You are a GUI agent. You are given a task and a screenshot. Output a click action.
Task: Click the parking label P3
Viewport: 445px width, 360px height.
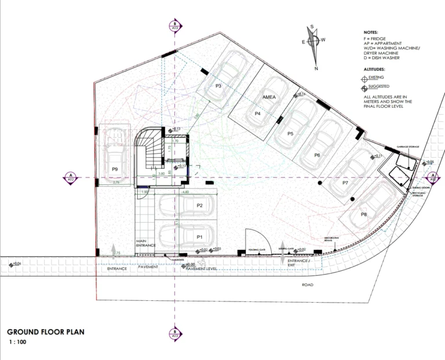coord(219,86)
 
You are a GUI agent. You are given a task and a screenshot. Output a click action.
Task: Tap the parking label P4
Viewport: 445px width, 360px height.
coord(258,114)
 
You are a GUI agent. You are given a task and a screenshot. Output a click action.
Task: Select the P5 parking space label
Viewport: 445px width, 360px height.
coord(291,134)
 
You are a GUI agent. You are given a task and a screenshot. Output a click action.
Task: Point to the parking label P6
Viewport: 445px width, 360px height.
coord(317,155)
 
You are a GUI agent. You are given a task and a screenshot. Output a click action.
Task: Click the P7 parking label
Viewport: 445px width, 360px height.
coord(345,183)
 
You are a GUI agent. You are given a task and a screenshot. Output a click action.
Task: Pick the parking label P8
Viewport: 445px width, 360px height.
coord(364,214)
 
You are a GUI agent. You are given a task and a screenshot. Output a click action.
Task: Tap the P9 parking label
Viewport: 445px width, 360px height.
coord(115,169)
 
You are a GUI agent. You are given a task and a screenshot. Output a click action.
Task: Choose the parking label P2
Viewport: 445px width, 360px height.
coord(199,206)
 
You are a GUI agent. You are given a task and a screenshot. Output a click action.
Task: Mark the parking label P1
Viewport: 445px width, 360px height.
coord(199,237)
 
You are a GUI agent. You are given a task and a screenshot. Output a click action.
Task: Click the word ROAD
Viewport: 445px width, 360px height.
coord(308,285)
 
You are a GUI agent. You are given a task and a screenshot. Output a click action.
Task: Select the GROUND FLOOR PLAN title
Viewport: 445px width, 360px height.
coord(46,332)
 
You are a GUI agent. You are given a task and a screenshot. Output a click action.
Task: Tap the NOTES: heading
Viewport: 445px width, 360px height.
coord(371,32)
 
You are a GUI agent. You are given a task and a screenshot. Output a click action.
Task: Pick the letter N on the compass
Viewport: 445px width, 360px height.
coord(316,68)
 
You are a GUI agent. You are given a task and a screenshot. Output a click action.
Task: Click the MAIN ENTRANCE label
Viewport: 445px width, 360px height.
coord(146,243)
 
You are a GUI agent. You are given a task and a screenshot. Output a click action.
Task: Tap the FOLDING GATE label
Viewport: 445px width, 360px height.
coord(257,250)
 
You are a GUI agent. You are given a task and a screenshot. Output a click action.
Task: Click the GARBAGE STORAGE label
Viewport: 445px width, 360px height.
coord(407,148)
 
